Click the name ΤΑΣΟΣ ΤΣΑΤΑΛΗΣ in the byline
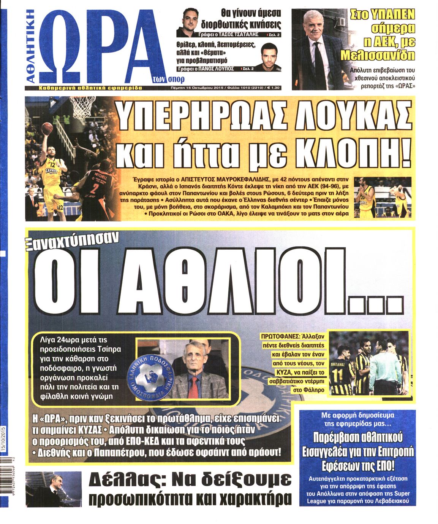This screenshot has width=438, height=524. pyautogui.click(x=239, y=34)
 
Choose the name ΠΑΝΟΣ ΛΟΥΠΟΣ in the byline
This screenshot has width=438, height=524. pyautogui.click(x=220, y=68)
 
